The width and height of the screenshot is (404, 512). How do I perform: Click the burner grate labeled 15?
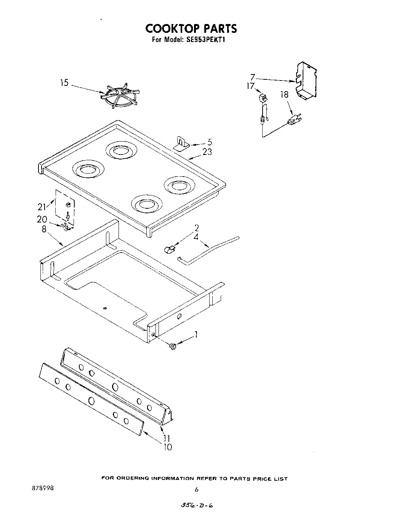click(x=121, y=97)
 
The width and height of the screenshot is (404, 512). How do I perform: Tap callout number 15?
click(x=64, y=82)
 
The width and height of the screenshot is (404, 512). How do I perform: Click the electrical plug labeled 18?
click(x=293, y=121)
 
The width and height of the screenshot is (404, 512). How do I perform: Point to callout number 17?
click(x=250, y=86)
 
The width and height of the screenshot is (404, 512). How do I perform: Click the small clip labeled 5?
click(x=182, y=145)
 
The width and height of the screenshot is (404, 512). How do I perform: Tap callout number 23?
click(x=207, y=151)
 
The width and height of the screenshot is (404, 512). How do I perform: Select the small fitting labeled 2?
click(x=169, y=250)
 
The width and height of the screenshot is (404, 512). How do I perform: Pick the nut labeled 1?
click(x=173, y=346)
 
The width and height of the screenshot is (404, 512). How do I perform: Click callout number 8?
click(x=44, y=229)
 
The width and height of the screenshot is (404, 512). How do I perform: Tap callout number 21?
click(x=42, y=207)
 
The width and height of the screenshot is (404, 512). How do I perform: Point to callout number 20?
click(x=42, y=219)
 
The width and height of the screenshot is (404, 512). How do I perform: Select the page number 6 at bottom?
click(x=196, y=490)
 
